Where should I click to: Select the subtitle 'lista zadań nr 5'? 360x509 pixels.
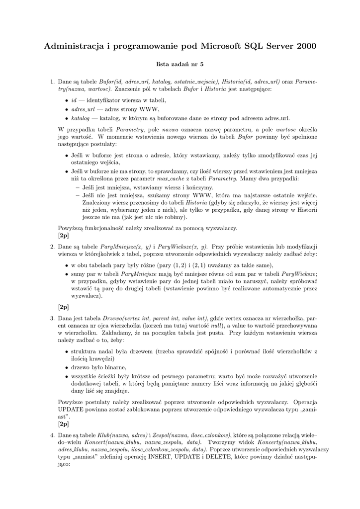pyautogui.click(x=180, y=64)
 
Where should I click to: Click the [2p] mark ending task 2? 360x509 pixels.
pyautogui.click(x=63, y=307)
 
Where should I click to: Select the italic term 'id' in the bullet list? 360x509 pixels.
pyautogui.click(x=74, y=100)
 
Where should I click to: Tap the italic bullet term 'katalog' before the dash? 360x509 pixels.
pyautogui.click(x=81, y=118)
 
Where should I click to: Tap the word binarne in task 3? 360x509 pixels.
pyautogui.click(x=107, y=367)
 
